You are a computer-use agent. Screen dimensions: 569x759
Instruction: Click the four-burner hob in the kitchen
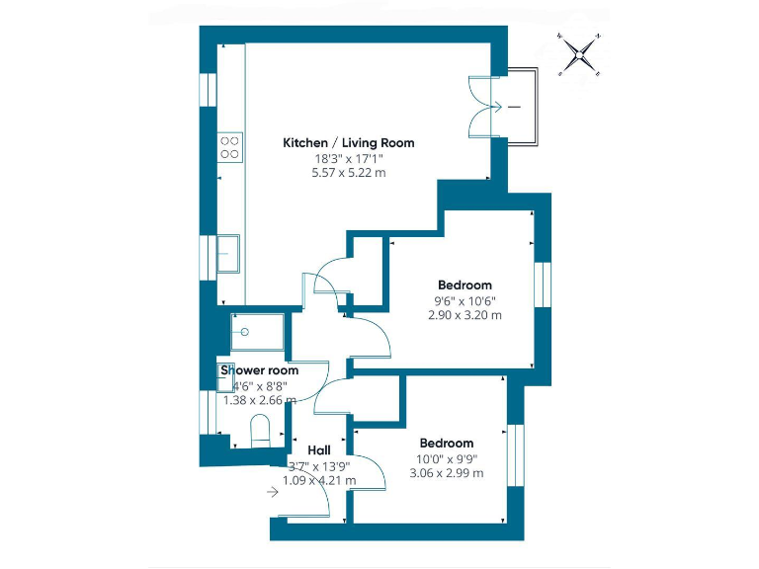(x=230, y=147)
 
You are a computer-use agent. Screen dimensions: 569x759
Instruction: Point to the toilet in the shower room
(x=260, y=432)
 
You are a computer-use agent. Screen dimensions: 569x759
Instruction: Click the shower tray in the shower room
(x=258, y=332)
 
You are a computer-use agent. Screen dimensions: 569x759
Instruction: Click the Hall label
(x=318, y=448)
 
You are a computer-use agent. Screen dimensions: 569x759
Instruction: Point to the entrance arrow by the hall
(x=274, y=491)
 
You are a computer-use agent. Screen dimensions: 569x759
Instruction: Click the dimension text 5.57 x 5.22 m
(x=349, y=172)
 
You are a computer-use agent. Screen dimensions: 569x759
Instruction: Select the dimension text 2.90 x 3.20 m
(x=464, y=315)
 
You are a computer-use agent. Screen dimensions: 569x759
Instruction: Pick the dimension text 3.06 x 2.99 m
(x=446, y=473)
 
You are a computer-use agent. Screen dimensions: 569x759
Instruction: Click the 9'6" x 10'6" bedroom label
(x=464, y=300)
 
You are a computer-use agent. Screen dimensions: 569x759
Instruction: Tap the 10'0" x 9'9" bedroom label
(x=446, y=458)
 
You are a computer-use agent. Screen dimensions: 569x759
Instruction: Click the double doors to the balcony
(x=486, y=105)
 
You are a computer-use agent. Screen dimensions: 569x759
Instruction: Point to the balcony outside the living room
(x=521, y=105)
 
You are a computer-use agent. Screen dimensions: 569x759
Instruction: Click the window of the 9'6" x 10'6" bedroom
(x=541, y=285)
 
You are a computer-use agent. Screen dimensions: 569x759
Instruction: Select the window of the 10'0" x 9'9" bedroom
(x=513, y=455)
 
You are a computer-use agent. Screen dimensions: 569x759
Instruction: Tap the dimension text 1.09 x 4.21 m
(x=319, y=480)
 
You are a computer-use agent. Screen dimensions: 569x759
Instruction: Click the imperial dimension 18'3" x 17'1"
(x=349, y=158)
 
